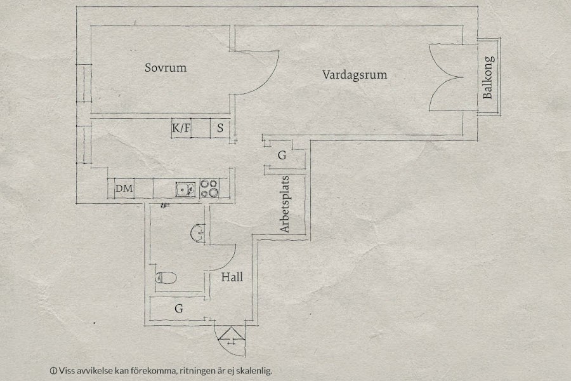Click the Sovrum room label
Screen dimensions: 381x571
click(x=165, y=67)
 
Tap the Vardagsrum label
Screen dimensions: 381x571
click(x=354, y=74)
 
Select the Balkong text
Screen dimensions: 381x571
click(x=488, y=77)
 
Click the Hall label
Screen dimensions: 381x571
click(x=232, y=277)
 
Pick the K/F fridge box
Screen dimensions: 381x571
click(x=181, y=128)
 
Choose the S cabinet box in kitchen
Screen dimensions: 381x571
click(x=220, y=128)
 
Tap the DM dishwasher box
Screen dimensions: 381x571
click(x=124, y=188)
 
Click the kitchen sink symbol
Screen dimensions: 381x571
click(x=185, y=188)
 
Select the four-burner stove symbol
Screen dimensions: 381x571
click(x=209, y=188)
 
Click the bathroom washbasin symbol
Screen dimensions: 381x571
click(x=197, y=232)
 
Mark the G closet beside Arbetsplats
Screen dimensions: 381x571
click(x=282, y=156)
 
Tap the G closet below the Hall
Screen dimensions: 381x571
click(x=179, y=309)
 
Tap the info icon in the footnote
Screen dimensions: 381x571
click(x=53, y=370)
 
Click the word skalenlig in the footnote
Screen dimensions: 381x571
click(x=254, y=370)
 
